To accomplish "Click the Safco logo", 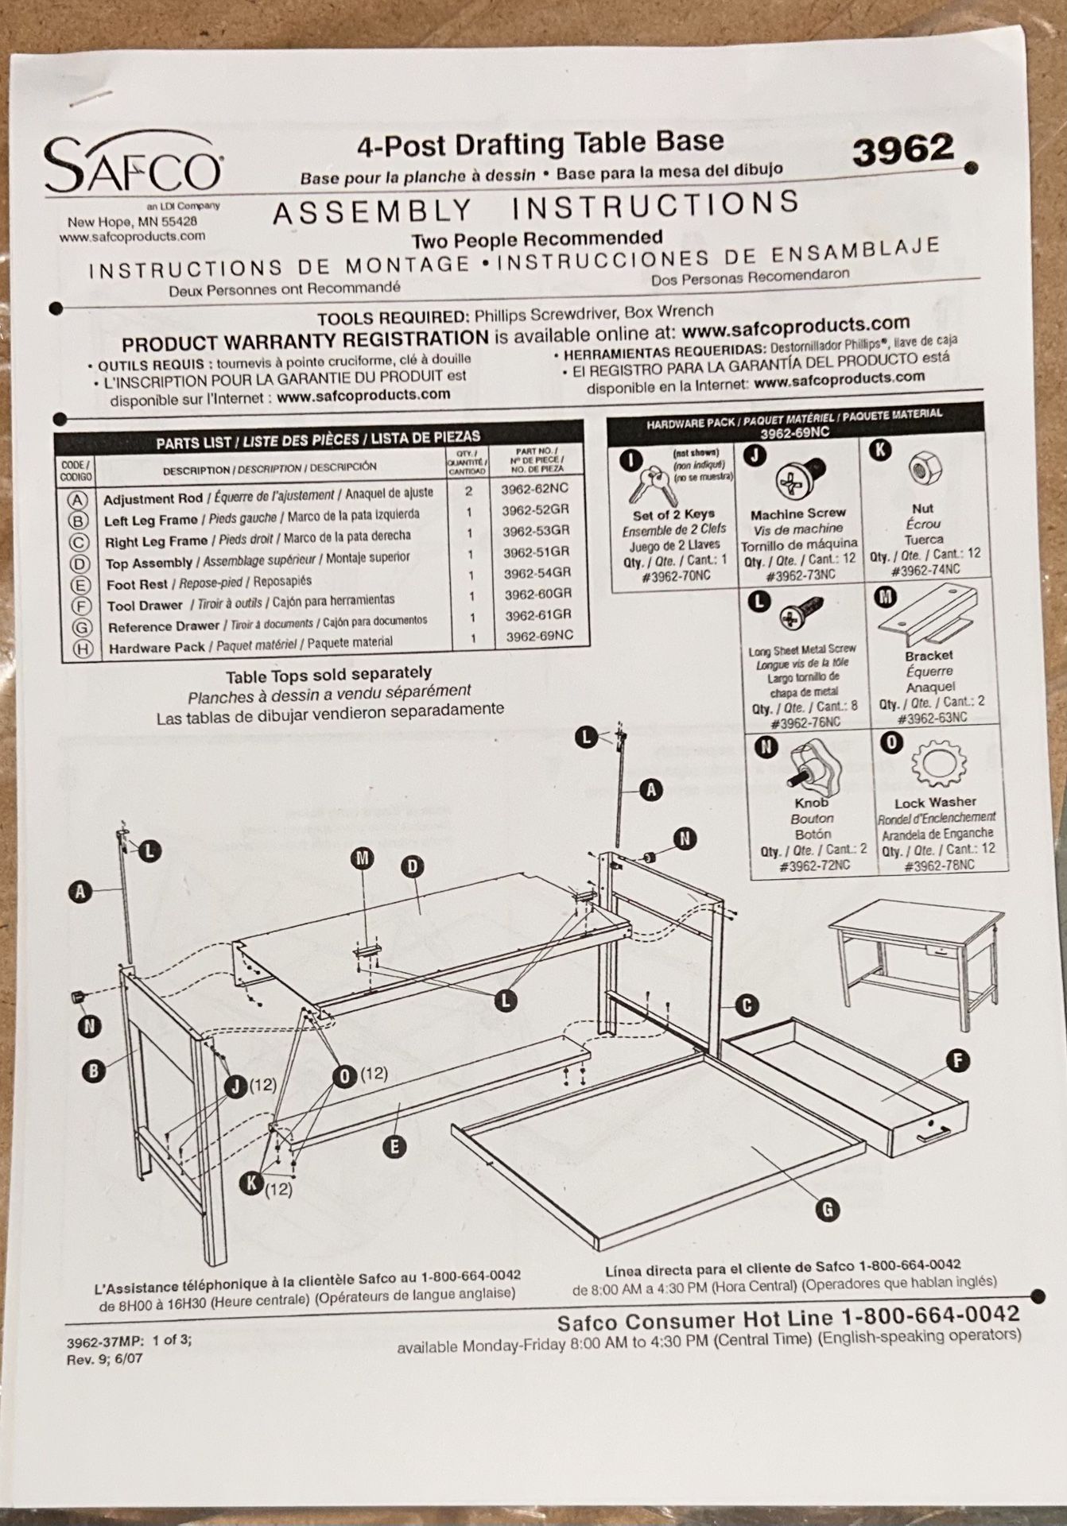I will (x=134, y=165).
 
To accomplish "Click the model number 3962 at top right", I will (x=902, y=149).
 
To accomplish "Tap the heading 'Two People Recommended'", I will (x=537, y=238).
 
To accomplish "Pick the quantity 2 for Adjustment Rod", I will (x=469, y=491).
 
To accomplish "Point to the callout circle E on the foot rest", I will (x=394, y=1145).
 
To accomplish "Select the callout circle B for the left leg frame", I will (x=93, y=1071).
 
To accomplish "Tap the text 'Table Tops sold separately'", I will (x=328, y=675).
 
